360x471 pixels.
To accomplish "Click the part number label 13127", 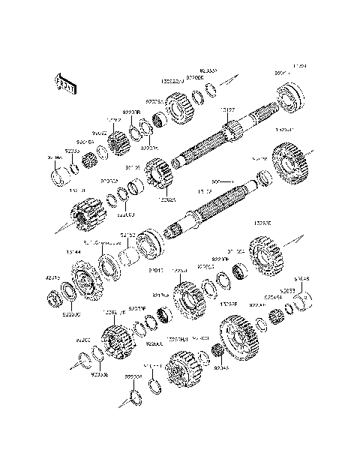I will point(227,109).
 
